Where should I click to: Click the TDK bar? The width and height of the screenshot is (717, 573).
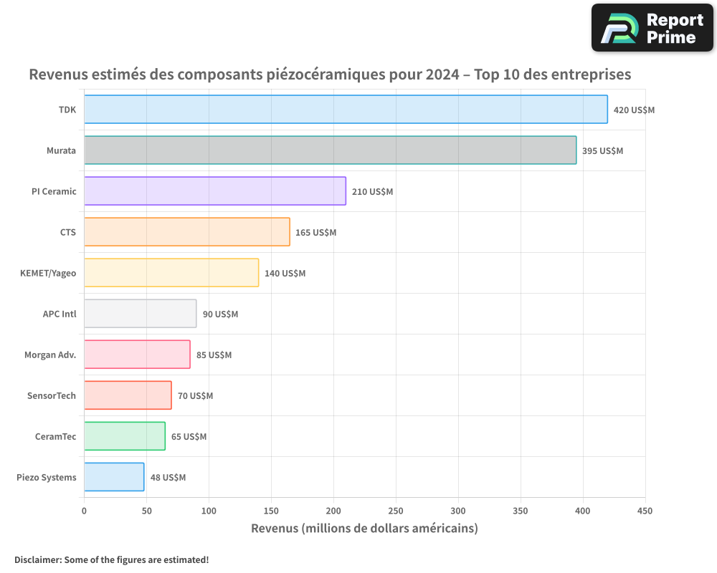pyautogui.click(x=346, y=109)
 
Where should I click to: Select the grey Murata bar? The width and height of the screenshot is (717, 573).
pyautogui.click(x=330, y=150)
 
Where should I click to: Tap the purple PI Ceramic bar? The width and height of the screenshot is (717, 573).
pyautogui.click(x=215, y=191)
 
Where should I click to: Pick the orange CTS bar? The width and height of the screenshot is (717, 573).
pyautogui.click(x=187, y=231)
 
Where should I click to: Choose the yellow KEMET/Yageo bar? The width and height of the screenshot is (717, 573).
pyautogui.click(x=171, y=273)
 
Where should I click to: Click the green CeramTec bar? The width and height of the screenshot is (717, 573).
pyautogui.click(x=125, y=436)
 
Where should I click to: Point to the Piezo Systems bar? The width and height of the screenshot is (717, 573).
pyautogui.click(x=114, y=477)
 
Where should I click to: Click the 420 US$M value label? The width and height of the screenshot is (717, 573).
pyautogui.click(x=634, y=110)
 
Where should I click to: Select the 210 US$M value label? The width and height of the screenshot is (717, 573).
pyautogui.click(x=372, y=192)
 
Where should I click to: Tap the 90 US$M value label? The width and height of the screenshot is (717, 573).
pyautogui.click(x=220, y=314)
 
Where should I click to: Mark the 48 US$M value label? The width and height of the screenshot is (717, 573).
pyautogui.click(x=168, y=478)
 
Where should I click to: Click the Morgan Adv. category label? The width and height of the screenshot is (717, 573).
pyautogui.click(x=50, y=355)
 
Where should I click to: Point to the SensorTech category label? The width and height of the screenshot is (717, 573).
pyautogui.click(x=52, y=395)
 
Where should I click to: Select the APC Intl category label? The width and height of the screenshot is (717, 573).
pyautogui.click(x=60, y=314)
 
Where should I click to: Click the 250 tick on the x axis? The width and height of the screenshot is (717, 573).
pyautogui.click(x=396, y=511)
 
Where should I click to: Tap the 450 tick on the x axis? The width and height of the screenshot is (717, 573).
pyautogui.click(x=645, y=511)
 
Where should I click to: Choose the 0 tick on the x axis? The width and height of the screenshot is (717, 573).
pyautogui.click(x=84, y=511)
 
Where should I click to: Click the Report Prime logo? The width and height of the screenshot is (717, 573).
pyautogui.click(x=652, y=28)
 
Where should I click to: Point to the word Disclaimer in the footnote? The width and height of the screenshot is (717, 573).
pyautogui.click(x=39, y=559)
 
